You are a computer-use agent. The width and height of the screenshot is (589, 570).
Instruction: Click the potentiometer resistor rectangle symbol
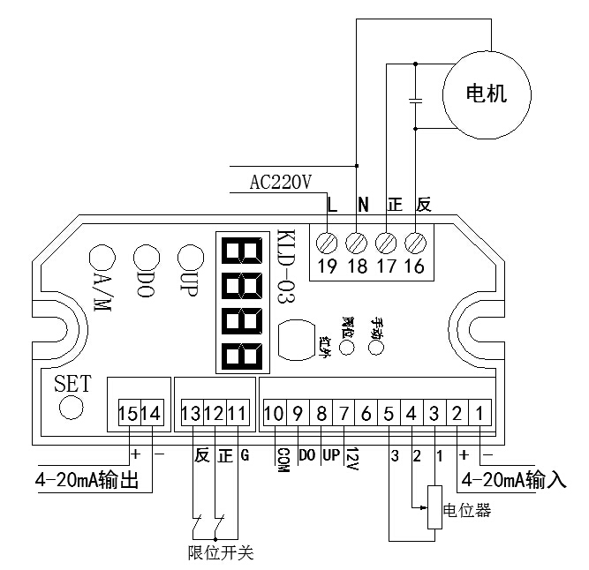point(434,507)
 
